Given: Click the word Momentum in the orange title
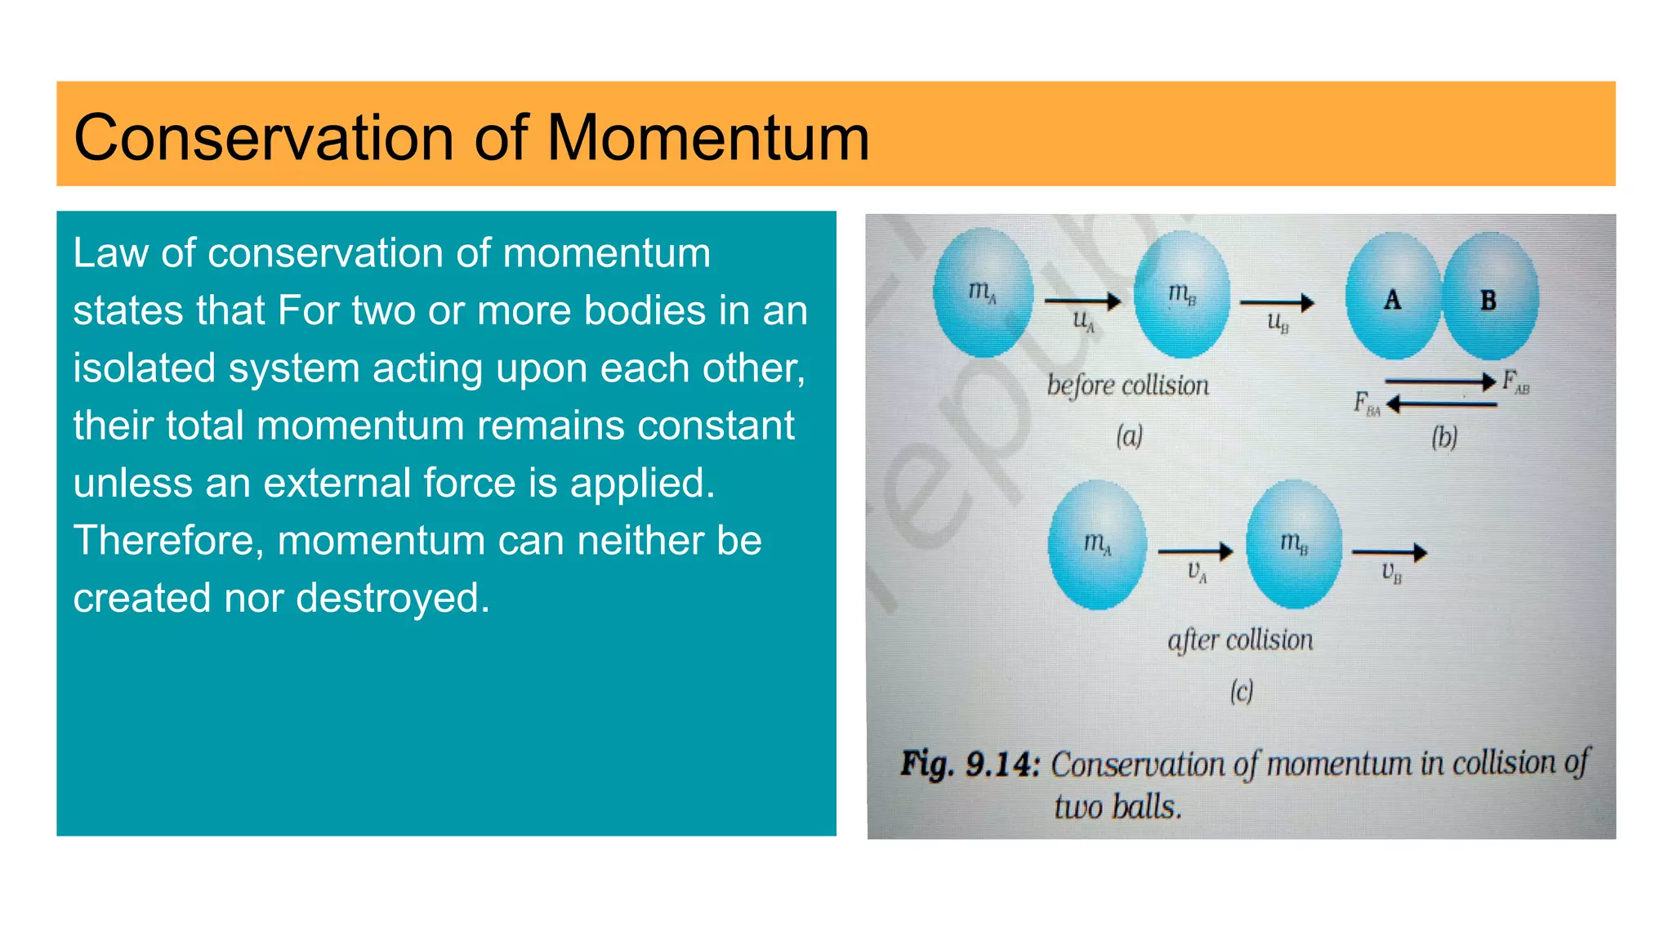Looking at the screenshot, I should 707,137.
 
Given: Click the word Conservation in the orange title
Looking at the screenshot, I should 263,137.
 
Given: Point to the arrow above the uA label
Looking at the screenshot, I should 1082,301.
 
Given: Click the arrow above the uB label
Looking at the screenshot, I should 1277,303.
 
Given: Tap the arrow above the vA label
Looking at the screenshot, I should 1195,552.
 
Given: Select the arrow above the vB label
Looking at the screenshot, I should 1390,553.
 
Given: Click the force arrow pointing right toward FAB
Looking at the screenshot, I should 1440,381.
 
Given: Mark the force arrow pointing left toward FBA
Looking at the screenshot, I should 1442,404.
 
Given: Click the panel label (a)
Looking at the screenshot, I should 1129,436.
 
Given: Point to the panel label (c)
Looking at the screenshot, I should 1242,692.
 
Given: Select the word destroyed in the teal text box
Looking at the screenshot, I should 392,598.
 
